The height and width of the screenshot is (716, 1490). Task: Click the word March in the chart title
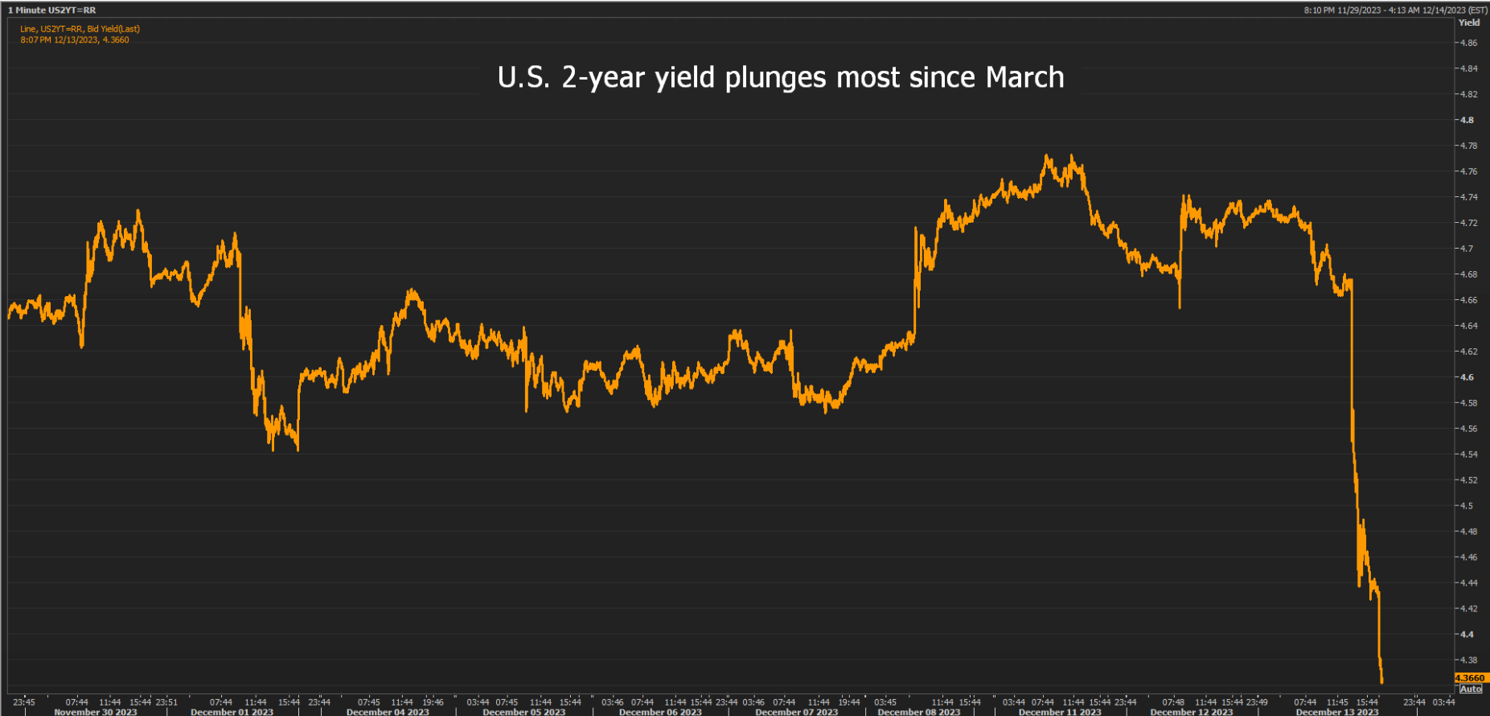tap(1024, 77)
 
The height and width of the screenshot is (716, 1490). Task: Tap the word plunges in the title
tap(775, 79)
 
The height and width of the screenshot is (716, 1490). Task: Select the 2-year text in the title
tap(605, 78)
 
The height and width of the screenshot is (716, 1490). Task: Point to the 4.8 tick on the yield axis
tap(1467, 120)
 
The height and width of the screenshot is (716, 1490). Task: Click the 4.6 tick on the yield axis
tap(1467, 377)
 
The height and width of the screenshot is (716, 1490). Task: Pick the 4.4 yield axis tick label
tap(1467, 635)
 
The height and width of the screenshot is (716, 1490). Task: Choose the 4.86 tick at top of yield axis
tap(1468, 43)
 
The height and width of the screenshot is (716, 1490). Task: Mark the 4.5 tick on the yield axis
tap(1467, 506)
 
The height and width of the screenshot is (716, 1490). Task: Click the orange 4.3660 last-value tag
tap(1471, 678)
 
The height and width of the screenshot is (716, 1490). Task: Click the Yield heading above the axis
tap(1469, 23)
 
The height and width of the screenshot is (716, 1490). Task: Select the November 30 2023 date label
tap(95, 712)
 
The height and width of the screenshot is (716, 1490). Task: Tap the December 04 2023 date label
tap(388, 712)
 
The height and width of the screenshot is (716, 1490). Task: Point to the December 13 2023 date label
tap(1337, 712)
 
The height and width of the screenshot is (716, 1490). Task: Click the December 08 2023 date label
tap(919, 712)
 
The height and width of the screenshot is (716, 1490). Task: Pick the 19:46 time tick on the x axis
tap(433, 702)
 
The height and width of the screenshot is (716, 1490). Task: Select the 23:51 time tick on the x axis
tap(166, 702)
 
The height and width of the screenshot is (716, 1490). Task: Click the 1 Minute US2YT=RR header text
tap(52, 10)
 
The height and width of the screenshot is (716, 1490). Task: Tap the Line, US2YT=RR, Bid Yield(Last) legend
tap(80, 29)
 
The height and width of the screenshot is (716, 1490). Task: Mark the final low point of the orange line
tap(1381, 682)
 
